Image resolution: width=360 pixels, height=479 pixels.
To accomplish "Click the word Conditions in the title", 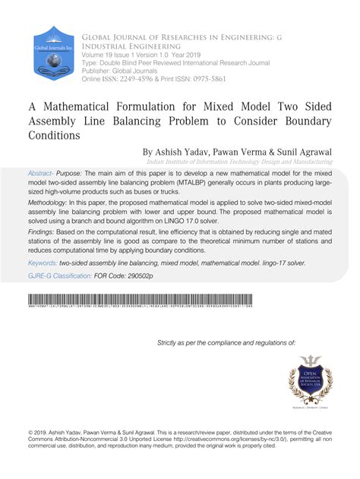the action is (x=53, y=136).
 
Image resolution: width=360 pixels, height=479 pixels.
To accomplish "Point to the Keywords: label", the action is (x=48, y=263).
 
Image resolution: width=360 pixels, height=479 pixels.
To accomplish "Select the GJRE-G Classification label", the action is (x=64, y=277).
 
